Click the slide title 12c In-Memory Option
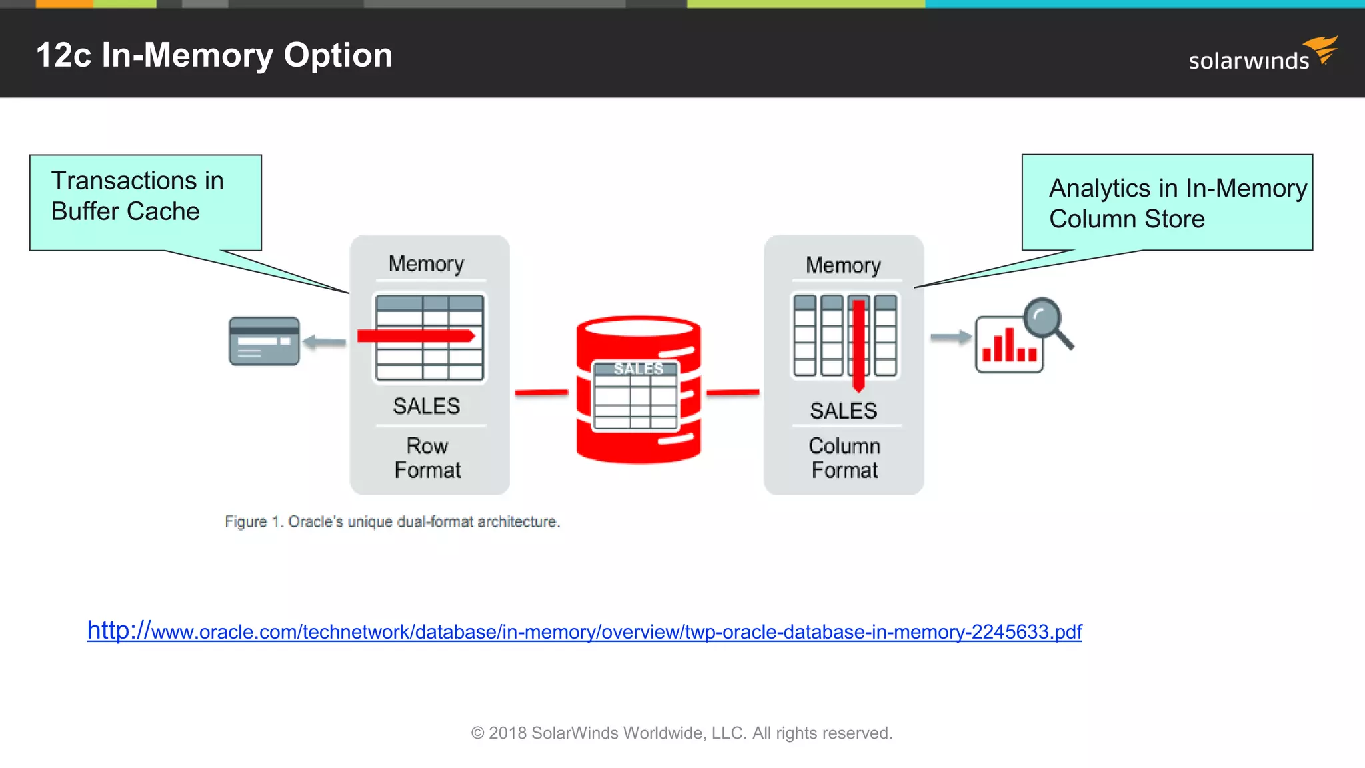pyautogui.click(x=214, y=55)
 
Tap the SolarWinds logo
pyautogui.click(x=1261, y=55)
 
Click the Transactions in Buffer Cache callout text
pyautogui.click(x=137, y=196)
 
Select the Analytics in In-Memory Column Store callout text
pyautogui.click(x=1177, y=203)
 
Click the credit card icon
pyautogui.click(x=264, y=341)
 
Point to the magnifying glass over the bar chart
pyautogui.click(x=1046, y=321)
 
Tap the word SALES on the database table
pyautogui.click(x=638, y=369)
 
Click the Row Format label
pyautogui.click(x=427, y=458)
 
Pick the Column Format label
pyautogui.click(x=844, y=458)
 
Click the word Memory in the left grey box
pyautogui.click(x=426, y=264)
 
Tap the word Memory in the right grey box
pyautogui.click(x=843, y=265)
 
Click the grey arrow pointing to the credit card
pyautogui.click(x=325, y=343)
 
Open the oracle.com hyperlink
pyautogui.click(x=585, y=631)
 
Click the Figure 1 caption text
pyautogui.click(x=392, y=521)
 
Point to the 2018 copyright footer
pyautogui.click(x=682, y=733)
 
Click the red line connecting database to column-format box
pyautogui.click(x=732, y=393)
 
